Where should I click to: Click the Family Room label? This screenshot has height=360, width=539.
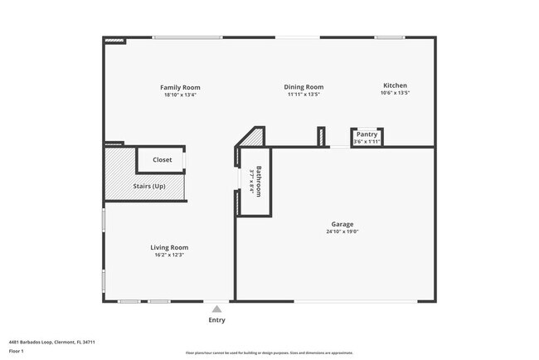(x=180, y=87)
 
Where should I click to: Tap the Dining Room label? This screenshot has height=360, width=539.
(x=303, y=86)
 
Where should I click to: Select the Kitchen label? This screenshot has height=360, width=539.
(x=395, y=85)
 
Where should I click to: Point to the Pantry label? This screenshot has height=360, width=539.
(x=367, y=134)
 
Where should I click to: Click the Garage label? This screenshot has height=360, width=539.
(x=342, y=224)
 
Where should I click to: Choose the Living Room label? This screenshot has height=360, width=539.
(x=169, y=247)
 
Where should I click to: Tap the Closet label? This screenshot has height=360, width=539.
(x=163, y=159)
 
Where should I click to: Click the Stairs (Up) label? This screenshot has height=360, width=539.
(x=149, y=186)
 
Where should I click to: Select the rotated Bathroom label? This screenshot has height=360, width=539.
(x=259, y=182)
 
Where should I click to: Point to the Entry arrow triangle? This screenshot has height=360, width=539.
(x=216, y=309)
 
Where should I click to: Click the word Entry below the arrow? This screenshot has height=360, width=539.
(x=216, y=320)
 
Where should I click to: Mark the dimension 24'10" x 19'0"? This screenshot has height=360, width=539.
(x=342, y=232)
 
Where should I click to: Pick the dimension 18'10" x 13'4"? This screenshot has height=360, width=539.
(x=180, y=95)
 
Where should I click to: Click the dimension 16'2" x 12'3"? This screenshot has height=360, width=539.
(x=169, y=255)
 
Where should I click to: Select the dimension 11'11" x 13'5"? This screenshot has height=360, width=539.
(x=303, y=94)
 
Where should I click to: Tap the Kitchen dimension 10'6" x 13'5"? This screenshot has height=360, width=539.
(x=395, y=93)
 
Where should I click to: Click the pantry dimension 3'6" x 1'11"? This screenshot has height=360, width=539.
(x=367, y=142)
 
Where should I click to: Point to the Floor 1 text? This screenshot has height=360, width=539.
(x=16, y=351)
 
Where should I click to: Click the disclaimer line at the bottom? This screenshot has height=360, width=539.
(x=269, y=353)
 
